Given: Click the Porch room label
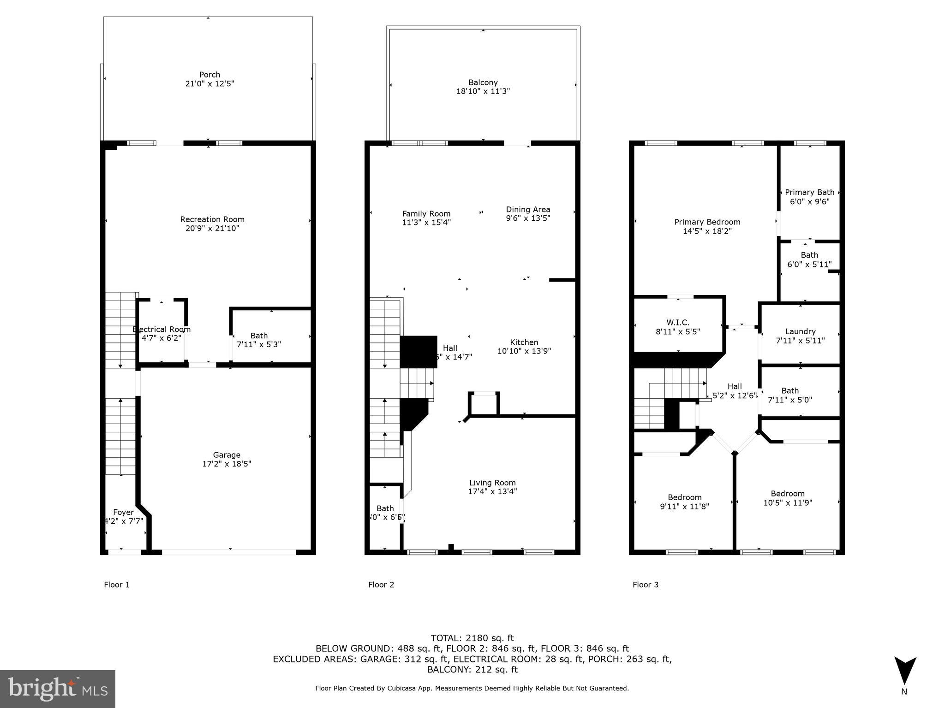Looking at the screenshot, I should (209, 75).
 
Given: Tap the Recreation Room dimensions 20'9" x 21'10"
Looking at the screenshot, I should (212, 228).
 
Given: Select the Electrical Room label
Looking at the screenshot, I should (161, 329).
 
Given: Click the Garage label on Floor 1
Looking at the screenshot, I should (227, 455).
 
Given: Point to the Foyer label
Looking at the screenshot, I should (123, 512).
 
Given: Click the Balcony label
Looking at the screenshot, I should (483, 83).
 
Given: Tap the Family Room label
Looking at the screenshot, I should (426, 213).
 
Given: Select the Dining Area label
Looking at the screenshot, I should (528, 209).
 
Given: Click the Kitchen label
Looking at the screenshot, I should (524, 342).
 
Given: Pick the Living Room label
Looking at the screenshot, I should (492, 483).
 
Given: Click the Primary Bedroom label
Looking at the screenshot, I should (707, 222).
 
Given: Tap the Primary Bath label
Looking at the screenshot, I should (809, 192).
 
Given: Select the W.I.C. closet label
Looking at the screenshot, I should (678, 323).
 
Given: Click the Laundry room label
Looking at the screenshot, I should (800, 331).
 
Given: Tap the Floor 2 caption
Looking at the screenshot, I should (381, 585).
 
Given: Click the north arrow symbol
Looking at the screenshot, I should (905, 671).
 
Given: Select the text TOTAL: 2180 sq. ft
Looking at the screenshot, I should (472, 638).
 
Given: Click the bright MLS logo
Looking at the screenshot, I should (58, 689).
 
